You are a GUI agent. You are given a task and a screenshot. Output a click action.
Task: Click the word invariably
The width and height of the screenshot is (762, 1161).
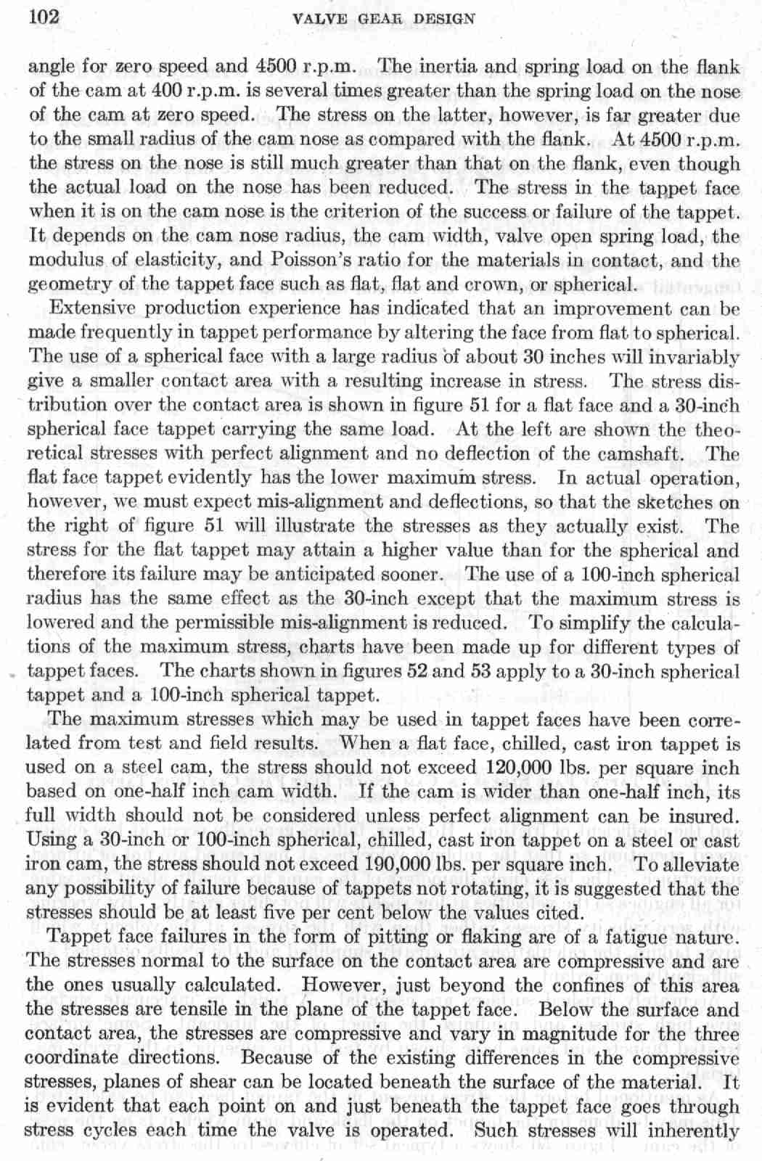(694, 357)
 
